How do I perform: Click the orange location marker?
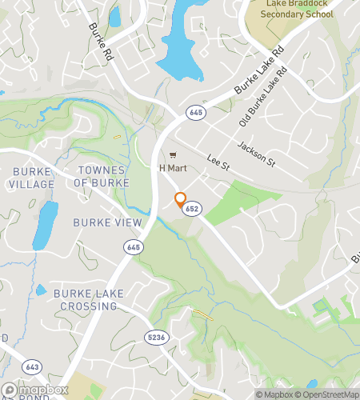(x=180, y=199)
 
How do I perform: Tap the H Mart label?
(x=172, y=168)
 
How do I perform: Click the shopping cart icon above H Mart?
(x=170, y=155)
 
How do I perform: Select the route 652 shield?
(x=190, y=208)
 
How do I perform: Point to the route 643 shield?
(x=31, y=366)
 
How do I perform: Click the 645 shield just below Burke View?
(x=132, y=249)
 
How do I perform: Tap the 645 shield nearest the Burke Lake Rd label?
(x=195, y=113)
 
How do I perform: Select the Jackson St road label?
(x=256, y=151)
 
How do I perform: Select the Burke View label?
(x=107, y=222)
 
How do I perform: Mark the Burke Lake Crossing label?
(x=89, y=300)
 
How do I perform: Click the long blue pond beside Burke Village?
(x=45, y=225)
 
